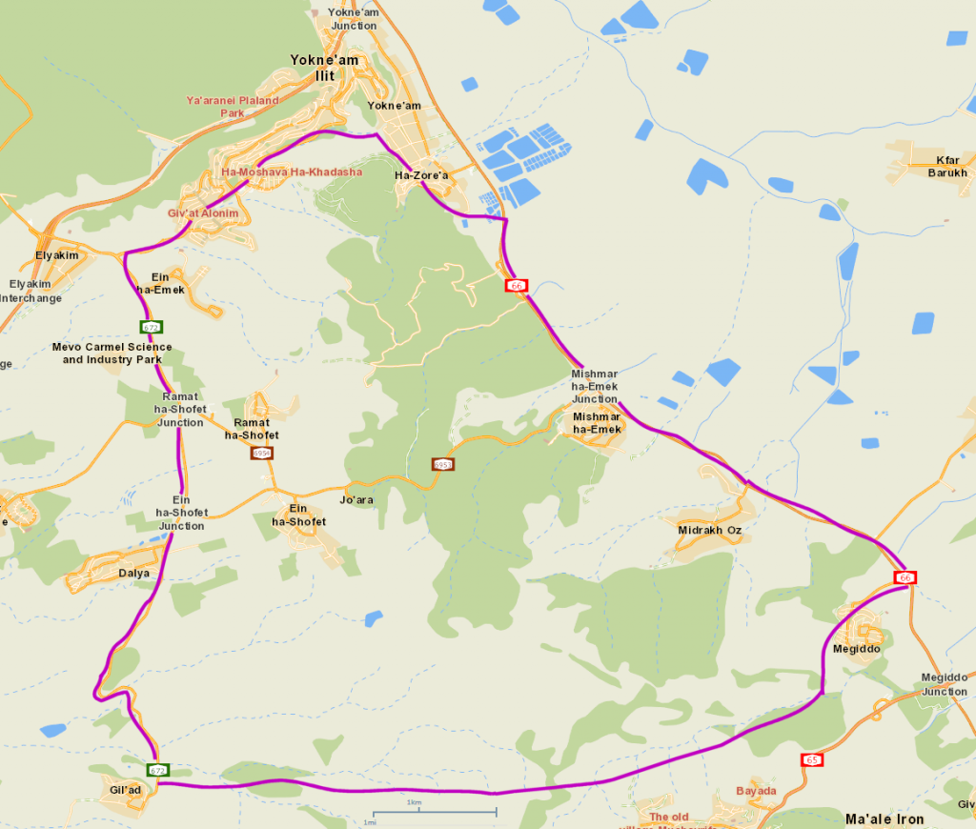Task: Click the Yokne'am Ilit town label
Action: pos(324,68)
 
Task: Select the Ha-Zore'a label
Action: pos(421,176)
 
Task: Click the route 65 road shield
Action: pos(812,759)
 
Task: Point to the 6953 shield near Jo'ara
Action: pos(442,465)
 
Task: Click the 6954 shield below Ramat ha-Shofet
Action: pos(261,453)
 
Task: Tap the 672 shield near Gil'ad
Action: pos(157,770)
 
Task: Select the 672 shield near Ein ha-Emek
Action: pos(152,327)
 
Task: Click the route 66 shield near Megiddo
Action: pos(905,578)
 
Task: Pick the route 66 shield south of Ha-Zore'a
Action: pos(517,285)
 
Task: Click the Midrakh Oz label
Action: pos(709,530)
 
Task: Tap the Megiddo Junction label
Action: pos(944,684)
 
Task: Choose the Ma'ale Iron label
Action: pos(884,819)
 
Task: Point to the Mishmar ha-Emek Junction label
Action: pos(595,386)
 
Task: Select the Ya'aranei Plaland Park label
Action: pos(233,107)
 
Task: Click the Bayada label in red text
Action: pos(756,791)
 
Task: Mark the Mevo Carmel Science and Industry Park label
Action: pos(112,354)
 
